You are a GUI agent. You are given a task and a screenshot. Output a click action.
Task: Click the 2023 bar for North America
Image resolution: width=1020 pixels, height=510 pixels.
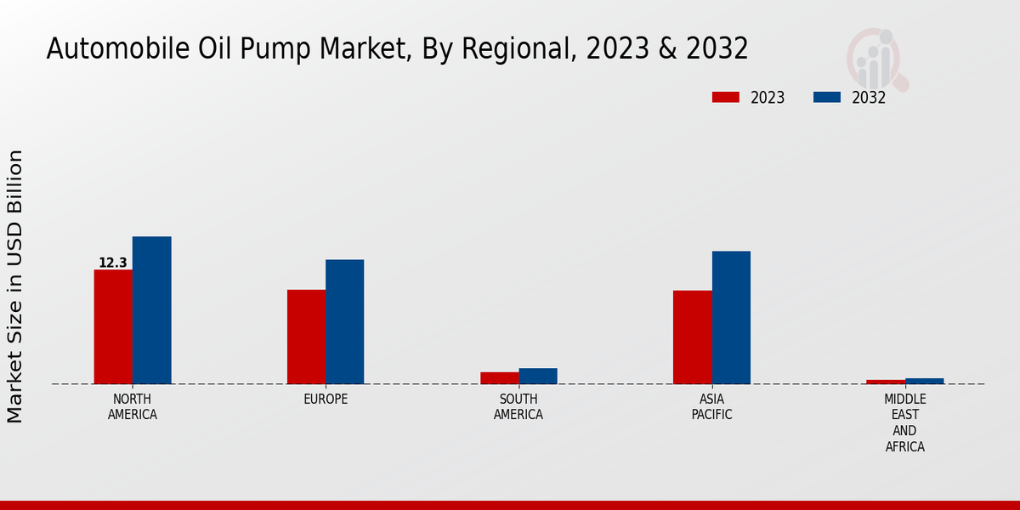pyautogui.click(x=113, y=326)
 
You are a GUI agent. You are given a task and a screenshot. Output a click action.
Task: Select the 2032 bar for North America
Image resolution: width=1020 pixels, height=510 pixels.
pyautogui.click(x=151, y=310)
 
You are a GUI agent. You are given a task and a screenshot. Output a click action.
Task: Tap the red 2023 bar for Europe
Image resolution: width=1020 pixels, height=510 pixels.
pyautogui.click(x=306, y=337)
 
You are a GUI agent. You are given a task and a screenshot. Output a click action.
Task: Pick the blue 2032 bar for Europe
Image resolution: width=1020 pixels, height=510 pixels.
pyautogui.click(x=344, y=321)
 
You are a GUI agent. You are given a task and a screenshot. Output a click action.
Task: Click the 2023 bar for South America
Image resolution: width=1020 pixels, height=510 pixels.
pyautogui.click(x=499, y=377)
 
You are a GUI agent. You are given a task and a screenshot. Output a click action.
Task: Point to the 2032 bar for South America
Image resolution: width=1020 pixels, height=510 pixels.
pyautogui.click(x=538, y=376)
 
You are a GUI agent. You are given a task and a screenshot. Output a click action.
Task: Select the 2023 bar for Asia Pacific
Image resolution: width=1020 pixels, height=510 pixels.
pyautogui.click(x=692, y=337)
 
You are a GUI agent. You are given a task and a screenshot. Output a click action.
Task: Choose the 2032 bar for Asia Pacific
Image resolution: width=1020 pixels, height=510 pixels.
pyautogui.click(x=731, y=317)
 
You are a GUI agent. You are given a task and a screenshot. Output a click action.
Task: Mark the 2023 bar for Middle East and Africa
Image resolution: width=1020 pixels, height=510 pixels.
pyautogui.click(x=886, y=382)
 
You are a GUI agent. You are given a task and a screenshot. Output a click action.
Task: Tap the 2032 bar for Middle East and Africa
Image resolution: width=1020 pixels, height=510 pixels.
pyautogui.click(x=924, y=381)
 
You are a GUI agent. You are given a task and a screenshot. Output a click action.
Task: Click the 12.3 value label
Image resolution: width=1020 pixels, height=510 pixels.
pyautogui.click(x=112, y=263)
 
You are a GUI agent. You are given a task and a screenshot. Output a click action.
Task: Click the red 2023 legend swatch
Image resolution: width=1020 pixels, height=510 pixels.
pyautogui.click(x=726, y=97)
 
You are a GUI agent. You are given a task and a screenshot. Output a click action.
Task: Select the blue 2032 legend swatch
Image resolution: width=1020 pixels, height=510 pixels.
pyautogui.click(x=827, y=97)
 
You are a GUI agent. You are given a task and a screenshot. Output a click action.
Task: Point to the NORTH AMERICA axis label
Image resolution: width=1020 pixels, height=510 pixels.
pyautogui.click(x=133, y=407)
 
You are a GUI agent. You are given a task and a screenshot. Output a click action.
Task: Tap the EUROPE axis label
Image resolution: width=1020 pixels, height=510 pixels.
pyautogui.click(x=326, y=399)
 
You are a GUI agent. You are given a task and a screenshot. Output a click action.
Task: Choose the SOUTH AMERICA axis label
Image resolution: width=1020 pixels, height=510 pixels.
pyautogui.click(x=518, y=407)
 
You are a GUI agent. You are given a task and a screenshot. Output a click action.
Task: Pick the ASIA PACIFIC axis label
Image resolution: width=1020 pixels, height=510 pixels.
pyautogui.click(x=711, y=407)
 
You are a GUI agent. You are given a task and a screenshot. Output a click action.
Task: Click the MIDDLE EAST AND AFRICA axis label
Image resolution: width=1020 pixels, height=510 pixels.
pyautogui.click(x=904, y=422)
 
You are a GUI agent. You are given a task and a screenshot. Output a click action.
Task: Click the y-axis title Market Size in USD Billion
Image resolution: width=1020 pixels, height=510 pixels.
pyautogui.click(x=15, y=286)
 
